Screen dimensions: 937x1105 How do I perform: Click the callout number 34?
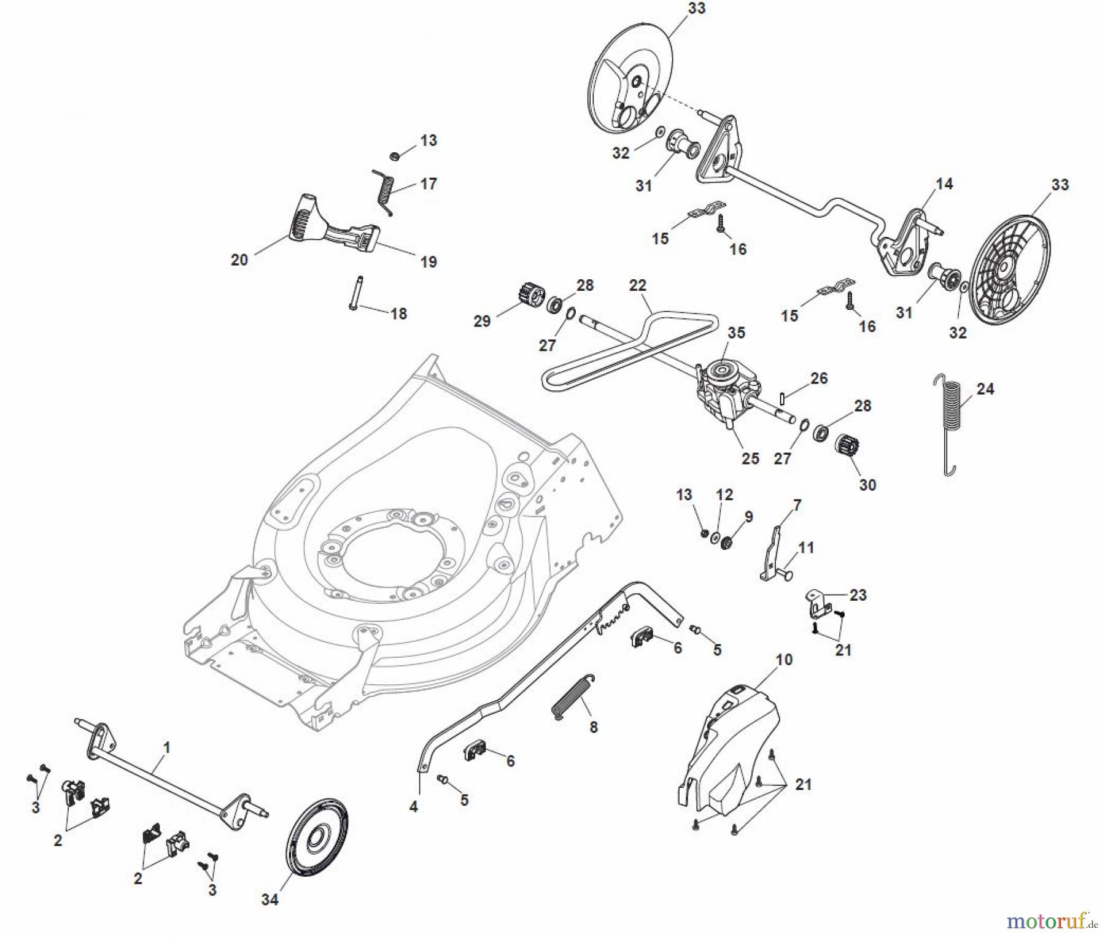(269, 900)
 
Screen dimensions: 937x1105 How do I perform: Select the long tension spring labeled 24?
(950, 423)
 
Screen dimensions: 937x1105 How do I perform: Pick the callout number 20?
(239, 260)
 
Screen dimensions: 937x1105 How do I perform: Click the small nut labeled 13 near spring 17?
(396, 156)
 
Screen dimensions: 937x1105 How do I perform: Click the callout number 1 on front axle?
(166, 747)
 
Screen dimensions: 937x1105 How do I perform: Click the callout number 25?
(750, 458)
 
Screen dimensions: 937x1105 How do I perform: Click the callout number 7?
(797, 506)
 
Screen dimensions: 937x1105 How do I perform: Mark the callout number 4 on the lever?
(413, 806)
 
